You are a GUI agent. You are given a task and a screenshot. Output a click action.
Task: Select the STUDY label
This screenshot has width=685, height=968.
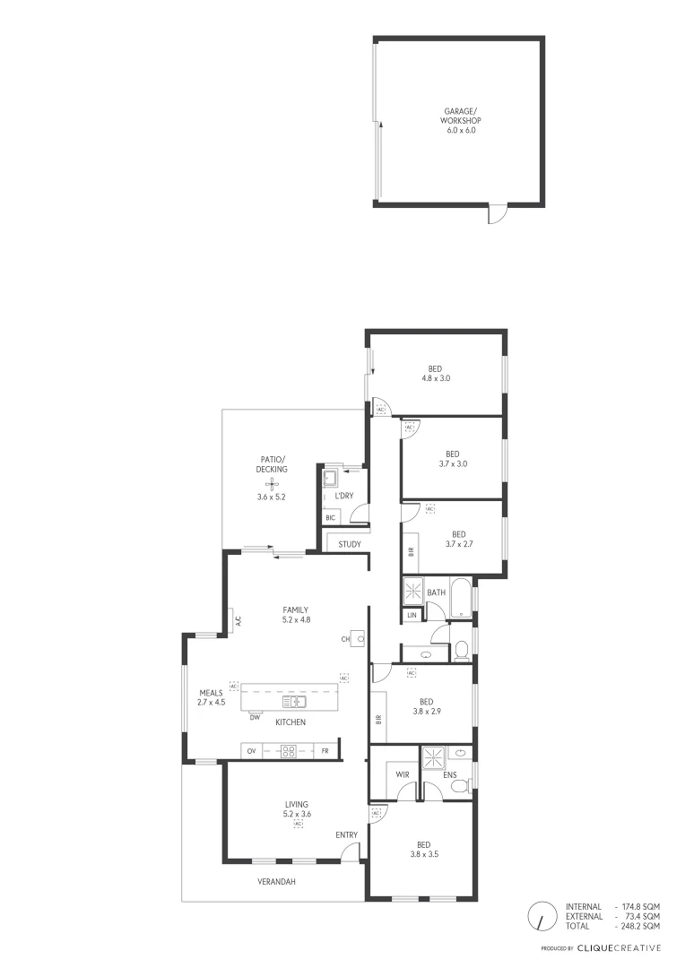point(350,544)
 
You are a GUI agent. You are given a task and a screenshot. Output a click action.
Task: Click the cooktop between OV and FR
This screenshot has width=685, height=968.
point(289,751)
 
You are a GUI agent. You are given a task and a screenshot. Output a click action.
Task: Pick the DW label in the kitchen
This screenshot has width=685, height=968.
point(255,717)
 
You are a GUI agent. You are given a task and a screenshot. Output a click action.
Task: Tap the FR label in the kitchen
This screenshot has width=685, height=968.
point(325,751)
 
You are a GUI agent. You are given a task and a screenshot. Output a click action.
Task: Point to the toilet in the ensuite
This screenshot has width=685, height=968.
point(459,786)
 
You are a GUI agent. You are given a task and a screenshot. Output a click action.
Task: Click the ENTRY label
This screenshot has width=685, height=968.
point(346,835)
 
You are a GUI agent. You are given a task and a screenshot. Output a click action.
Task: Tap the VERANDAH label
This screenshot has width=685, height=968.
point(276,882)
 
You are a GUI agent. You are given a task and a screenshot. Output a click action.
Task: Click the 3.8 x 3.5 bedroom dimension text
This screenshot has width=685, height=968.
point(423,854)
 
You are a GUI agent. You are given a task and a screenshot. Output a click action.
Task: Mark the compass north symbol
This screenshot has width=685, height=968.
point(542,916)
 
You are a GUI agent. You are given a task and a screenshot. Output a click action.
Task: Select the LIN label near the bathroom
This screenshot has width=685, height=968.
point(412,615)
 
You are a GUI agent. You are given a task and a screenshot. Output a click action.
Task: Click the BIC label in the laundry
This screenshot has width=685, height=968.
point(331,518)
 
